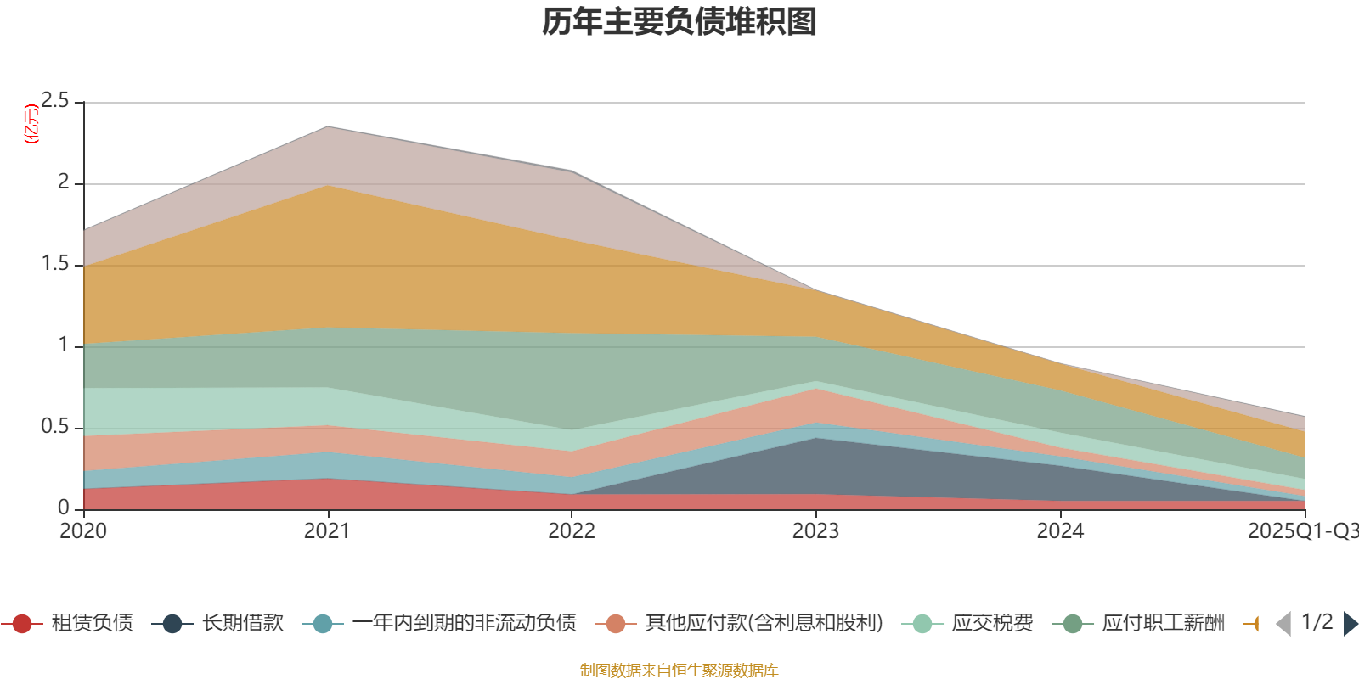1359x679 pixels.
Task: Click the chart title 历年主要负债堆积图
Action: (679, 22)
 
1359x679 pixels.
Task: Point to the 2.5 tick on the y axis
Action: (55, 101)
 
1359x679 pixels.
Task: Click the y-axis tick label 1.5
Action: (55, 264)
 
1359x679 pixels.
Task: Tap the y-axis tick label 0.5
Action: (55, 426)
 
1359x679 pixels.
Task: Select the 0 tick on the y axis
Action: (64, 508)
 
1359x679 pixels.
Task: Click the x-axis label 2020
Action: (83, 531)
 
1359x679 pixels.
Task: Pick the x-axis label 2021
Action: (327, 531)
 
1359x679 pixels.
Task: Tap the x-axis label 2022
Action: (572, 531)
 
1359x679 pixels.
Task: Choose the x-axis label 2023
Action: (815, 531)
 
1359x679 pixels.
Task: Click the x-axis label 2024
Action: (1060, 531)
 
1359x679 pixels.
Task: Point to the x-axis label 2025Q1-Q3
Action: (1302, 531)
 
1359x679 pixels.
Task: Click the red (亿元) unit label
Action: (31, 124)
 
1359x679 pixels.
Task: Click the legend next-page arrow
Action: (1350, 624)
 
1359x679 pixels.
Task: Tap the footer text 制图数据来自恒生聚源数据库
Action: (679, 671)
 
